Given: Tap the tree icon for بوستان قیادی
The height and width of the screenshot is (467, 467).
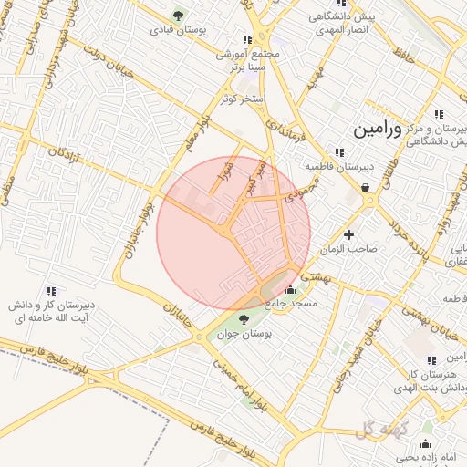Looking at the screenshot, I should tap(177, 16).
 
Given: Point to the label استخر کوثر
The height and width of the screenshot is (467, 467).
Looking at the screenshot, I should tap(241, 98).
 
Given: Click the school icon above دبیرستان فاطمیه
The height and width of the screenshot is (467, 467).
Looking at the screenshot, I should tap(339, 152).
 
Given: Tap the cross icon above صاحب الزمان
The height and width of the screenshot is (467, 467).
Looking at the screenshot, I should tap(348, 234).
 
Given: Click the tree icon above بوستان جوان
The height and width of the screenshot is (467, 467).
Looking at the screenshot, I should tap(244, 318).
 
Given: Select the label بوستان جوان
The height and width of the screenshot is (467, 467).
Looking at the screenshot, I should tap(244, 335).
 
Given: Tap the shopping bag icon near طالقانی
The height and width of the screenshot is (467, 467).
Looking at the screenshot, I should tap(366, 188).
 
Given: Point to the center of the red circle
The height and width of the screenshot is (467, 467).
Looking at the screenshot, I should tap(233, 233).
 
